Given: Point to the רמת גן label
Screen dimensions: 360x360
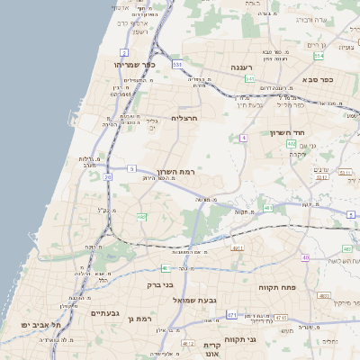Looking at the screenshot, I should point(143,319).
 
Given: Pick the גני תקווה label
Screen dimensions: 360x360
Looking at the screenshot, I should point(264,339).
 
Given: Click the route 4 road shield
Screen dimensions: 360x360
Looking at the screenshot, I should point(243,138).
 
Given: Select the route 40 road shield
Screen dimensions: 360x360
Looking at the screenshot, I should point(306,257).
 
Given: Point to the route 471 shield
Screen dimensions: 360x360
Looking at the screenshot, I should point(232,315).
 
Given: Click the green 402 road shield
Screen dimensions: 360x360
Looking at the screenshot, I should point(316,142).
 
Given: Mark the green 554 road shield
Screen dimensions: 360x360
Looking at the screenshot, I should point(319,56).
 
